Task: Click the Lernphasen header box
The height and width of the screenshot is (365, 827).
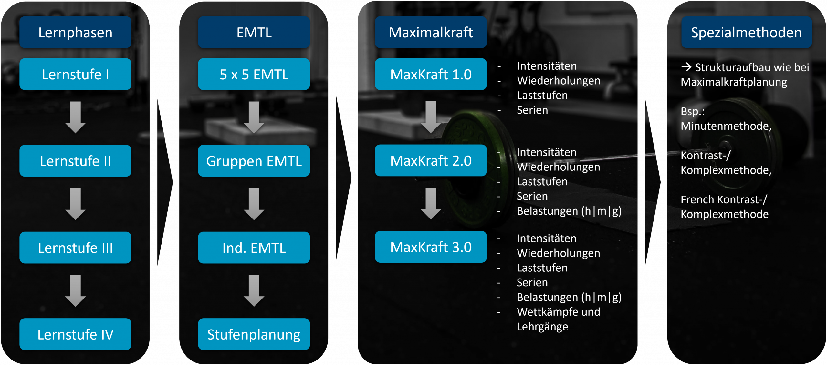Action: click(x=75, y=32)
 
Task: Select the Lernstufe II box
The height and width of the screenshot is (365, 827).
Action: click(x=75, y=161)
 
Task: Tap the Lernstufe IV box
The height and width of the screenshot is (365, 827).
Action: click(x=75, y=334)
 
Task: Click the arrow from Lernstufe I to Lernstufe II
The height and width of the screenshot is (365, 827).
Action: click(x=75, y=117)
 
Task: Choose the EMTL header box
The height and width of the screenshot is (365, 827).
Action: click(x=254, y=32)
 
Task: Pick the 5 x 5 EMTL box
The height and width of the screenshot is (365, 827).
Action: click(x=254, y=74)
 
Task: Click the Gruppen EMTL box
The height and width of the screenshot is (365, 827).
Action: click(x=254, y=161)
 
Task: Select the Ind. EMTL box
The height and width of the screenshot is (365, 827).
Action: click(x=254, y=248)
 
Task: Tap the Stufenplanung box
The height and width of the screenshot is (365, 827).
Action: click(x=254, y=334)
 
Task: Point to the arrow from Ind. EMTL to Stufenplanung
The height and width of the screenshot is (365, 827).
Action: click(x=254, y=291)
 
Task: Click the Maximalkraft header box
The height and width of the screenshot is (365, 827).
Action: click(x=431, y=32)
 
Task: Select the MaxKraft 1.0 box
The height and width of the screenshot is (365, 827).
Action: click(x=431, y=74)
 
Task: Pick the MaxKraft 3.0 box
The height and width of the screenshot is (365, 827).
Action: click(x=431, y=247)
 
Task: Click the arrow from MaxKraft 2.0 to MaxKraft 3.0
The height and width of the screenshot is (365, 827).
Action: click(x=431, y=204)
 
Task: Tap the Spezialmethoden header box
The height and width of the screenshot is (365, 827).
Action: click(x=746, y=32)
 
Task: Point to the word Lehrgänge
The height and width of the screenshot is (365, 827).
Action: click(x=542, y=327)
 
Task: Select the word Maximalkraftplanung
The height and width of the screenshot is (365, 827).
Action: click(x=734, y=82)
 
